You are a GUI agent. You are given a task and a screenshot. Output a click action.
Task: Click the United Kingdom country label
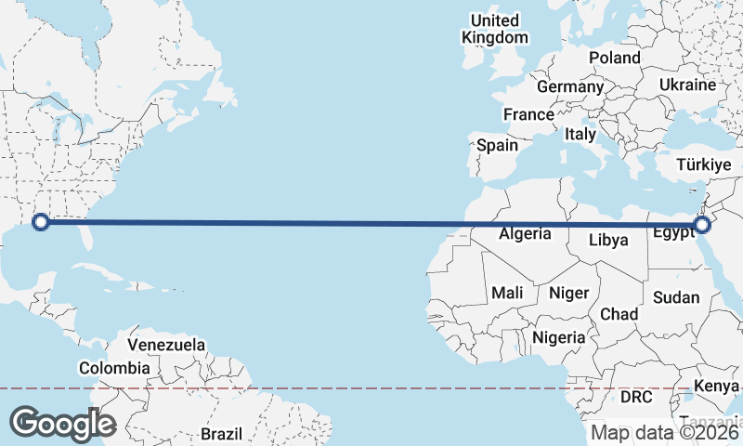pos(495,29)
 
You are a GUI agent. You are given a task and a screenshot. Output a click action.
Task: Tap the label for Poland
pos(614,58)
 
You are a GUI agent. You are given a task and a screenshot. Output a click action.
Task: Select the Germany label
pos(570,86)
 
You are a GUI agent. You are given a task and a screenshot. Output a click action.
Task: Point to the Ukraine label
pos(687,85)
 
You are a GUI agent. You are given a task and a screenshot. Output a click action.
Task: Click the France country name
pos(528,114)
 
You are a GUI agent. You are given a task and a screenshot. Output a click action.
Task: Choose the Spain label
pos(497,145)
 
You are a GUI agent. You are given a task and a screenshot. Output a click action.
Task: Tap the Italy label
pos(580,134)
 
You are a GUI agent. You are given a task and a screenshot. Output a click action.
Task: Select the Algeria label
pos(525,234)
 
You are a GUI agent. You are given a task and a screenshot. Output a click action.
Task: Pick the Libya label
pos(608,240)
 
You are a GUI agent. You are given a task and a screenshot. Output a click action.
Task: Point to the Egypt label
pos(673,233)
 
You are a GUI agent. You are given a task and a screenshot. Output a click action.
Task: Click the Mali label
pos(507,293)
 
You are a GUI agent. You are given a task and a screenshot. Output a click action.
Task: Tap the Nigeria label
pos(559,337)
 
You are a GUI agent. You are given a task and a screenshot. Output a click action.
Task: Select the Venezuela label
pos(166,345)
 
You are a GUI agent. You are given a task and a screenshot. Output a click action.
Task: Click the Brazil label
pos(221,434)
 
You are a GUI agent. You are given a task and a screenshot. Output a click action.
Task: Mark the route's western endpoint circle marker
pos(40,221)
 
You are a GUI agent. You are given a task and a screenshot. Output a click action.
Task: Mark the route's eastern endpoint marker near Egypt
pos(702,224)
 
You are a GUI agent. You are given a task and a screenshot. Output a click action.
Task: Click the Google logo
pos(62,423)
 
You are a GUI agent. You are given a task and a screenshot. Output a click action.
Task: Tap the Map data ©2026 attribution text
pos(665,432)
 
